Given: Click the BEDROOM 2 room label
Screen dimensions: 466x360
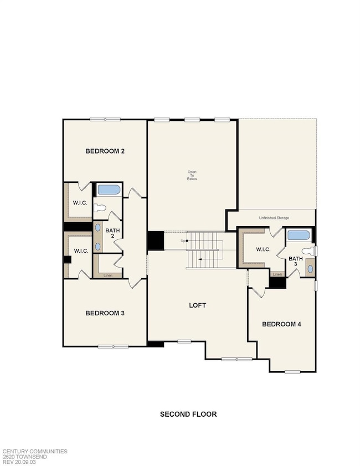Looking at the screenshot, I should [x=104, y=151].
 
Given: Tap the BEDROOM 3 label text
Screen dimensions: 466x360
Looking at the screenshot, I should [x=104, y=313].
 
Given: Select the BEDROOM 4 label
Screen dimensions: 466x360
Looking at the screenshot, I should [x=281, y=324].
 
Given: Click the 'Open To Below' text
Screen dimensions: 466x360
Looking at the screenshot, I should [x=192, y=175].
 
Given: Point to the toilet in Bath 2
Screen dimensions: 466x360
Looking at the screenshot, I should [x=99, y=208].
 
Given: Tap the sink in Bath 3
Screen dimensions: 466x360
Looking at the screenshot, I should [x=310, y=268].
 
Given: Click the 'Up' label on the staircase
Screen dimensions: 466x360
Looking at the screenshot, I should [x=183, y=240].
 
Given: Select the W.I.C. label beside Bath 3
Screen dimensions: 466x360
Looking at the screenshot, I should [x=263, y=249].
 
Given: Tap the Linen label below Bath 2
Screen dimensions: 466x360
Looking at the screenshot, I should [x=109, y=274].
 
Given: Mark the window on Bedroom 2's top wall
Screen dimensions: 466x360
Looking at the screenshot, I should [x=105, y=119].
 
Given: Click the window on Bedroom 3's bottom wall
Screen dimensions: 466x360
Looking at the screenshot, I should [x=113, y=346].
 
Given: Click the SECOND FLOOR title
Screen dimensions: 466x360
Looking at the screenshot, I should [x=188, y=414].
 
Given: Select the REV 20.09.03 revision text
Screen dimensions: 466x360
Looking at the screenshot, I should [x=20, y=462].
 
